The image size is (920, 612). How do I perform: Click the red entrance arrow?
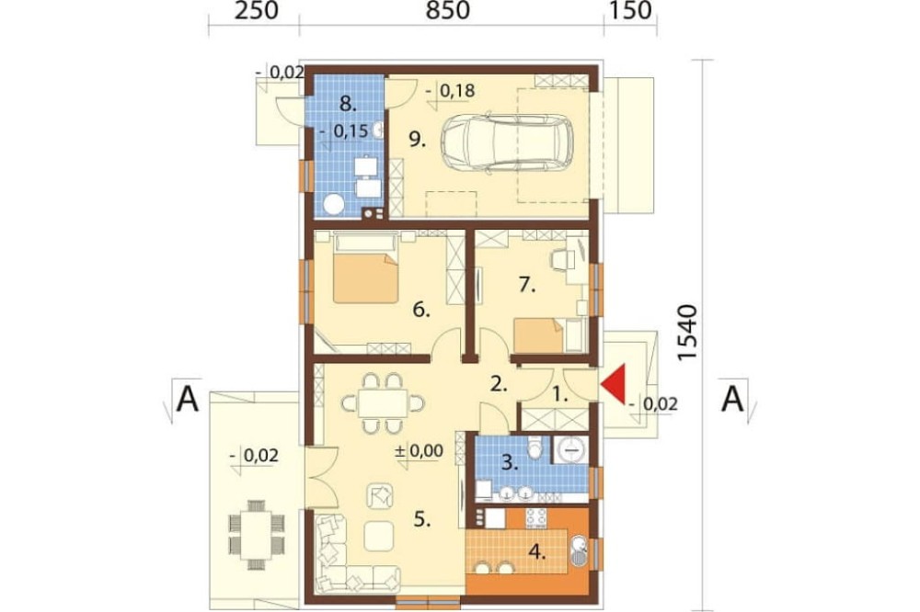tap(614, 384)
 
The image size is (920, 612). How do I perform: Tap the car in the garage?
tap(508, 143)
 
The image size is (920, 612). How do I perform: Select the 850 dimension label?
tap(448, 10)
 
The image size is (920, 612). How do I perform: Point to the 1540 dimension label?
tap(686, 332)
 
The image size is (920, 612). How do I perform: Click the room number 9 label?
tap(417, 141)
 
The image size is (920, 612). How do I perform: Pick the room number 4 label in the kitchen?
tap(537, 551)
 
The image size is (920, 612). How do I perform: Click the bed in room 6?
tap(366, 267)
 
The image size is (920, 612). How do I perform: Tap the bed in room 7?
tap(539, 334)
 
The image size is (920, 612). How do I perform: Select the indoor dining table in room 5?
tap(383, 403)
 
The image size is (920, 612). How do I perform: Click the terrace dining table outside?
tap(257, 535)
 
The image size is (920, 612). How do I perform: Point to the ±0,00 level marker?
tap(419, 451)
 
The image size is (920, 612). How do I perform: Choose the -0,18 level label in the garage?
tap(450, 91)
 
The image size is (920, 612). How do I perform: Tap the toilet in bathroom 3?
tap(535, 448)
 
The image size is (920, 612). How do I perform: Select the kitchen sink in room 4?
tap(578, 551)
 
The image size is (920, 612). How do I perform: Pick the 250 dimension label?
tap(257, 10)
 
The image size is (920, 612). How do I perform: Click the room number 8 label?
tap(348, 105)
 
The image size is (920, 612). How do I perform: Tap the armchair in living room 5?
tap(381, 496)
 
